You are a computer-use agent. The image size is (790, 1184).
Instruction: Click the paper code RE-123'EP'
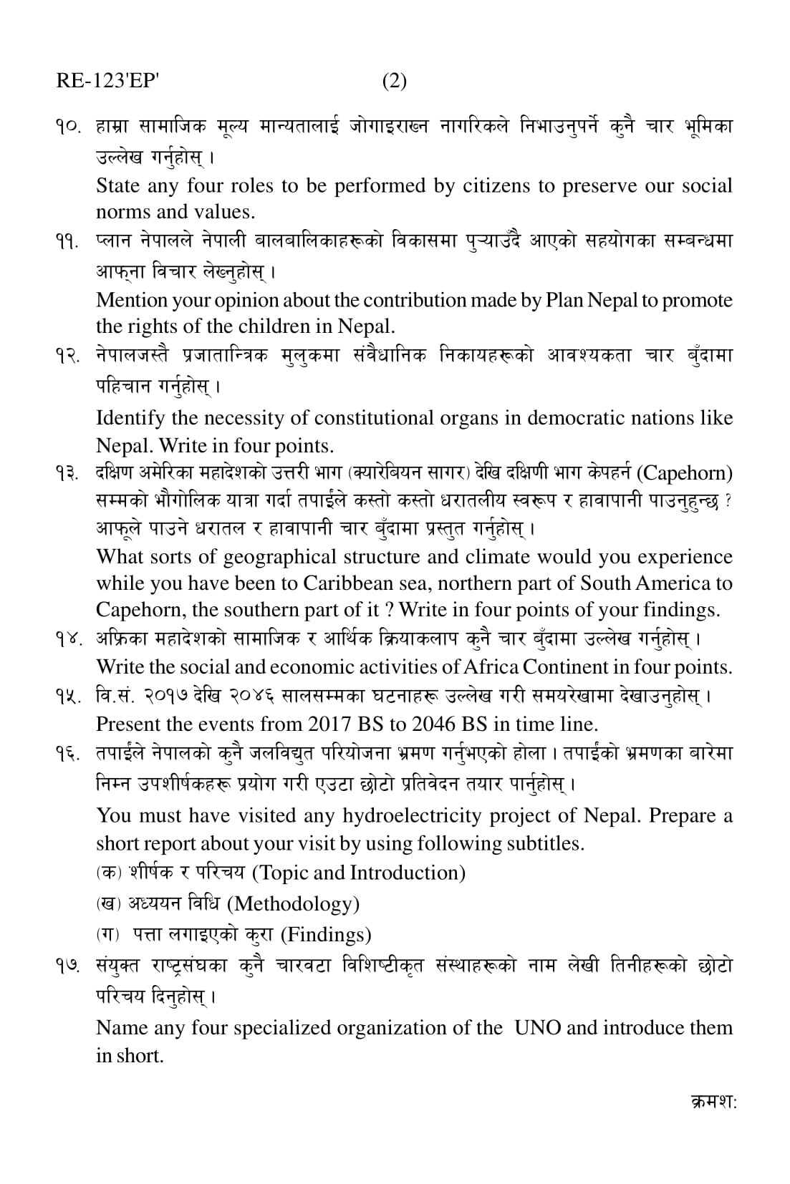(107, 81)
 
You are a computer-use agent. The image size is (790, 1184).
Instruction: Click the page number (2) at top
(394, 81)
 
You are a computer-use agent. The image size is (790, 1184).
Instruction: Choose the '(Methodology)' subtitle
(293, 904)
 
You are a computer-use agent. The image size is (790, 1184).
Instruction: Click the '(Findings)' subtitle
(325, 935)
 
